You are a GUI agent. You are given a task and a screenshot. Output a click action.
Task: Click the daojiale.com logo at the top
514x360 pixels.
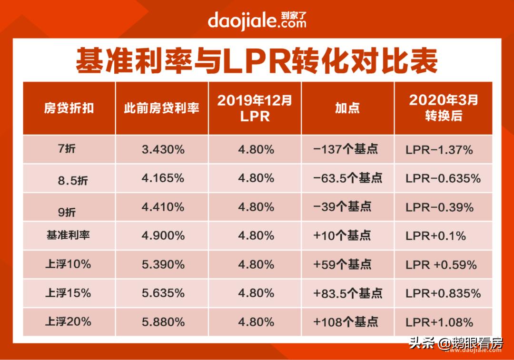point(257,20)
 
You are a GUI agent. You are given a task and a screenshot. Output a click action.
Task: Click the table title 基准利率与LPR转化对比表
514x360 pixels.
point(257,61)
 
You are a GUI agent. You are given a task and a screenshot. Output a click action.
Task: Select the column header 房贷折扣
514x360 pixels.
point(69,108)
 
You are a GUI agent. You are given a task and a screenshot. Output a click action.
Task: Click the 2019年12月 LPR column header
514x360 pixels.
point(255,108)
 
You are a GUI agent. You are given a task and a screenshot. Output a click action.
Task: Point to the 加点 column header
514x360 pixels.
point(347,108)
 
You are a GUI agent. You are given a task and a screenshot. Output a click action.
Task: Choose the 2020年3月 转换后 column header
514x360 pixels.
point(443,108)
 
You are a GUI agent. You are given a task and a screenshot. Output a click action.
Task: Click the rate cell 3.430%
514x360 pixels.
point(163,150)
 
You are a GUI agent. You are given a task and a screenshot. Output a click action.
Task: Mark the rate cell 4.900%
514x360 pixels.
point(163,235)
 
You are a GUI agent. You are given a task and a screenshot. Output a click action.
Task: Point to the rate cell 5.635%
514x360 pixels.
point(163,293)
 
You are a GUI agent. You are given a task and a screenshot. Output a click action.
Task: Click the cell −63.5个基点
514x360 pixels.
point(347,178)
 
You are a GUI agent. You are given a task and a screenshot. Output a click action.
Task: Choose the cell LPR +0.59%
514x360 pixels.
point(441,265)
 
